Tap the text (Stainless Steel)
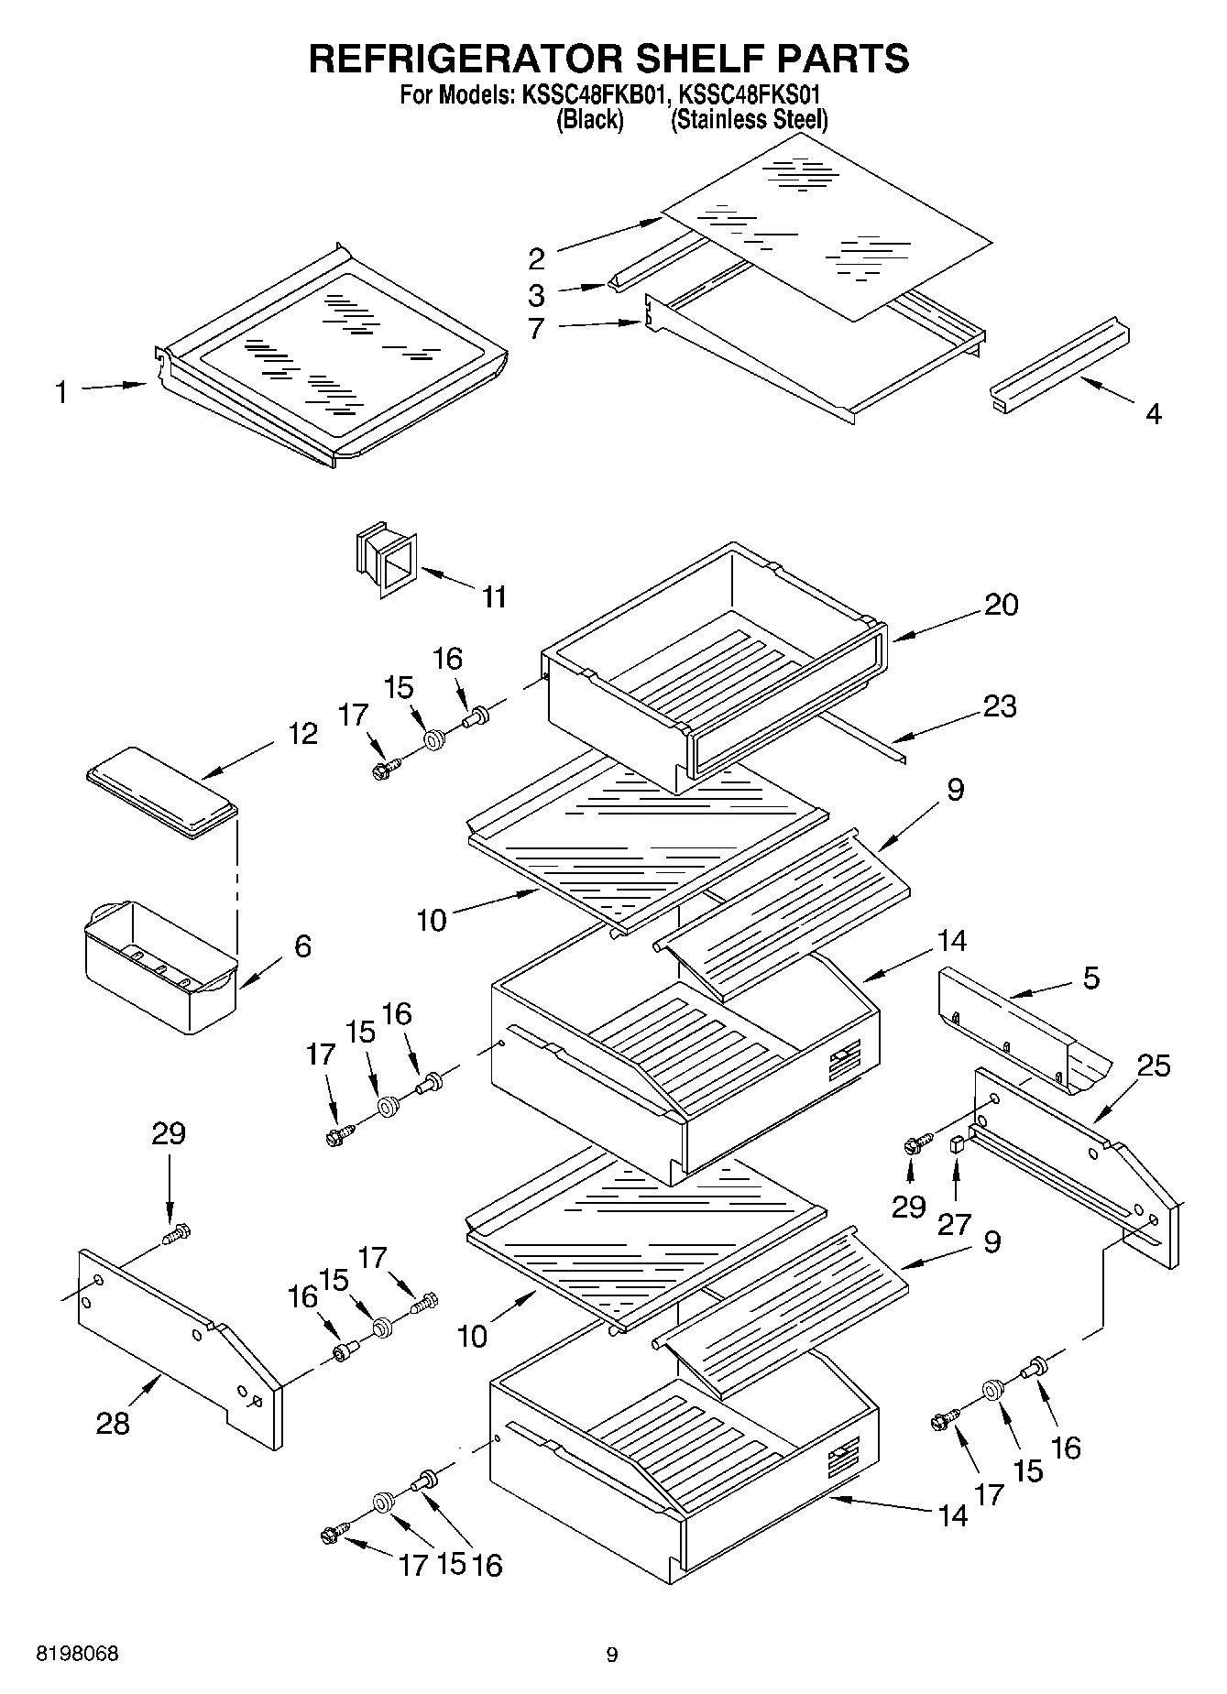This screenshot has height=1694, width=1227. pos(749,119)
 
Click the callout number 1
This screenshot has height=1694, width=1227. pos(60,393)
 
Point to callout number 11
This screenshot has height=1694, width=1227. pos(494,597)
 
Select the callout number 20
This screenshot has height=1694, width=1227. pos(1001,605)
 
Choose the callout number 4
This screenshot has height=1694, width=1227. pos(1154,413)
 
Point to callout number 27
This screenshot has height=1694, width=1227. pos(954,1224)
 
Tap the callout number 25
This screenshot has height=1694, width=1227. pos(1154,1066)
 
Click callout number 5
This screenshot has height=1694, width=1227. pos(1090,978)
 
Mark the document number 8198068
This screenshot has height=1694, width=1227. pos(77,1654)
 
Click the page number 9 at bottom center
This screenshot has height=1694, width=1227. pos(612,1655)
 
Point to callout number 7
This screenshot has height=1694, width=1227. pos(536,328)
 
